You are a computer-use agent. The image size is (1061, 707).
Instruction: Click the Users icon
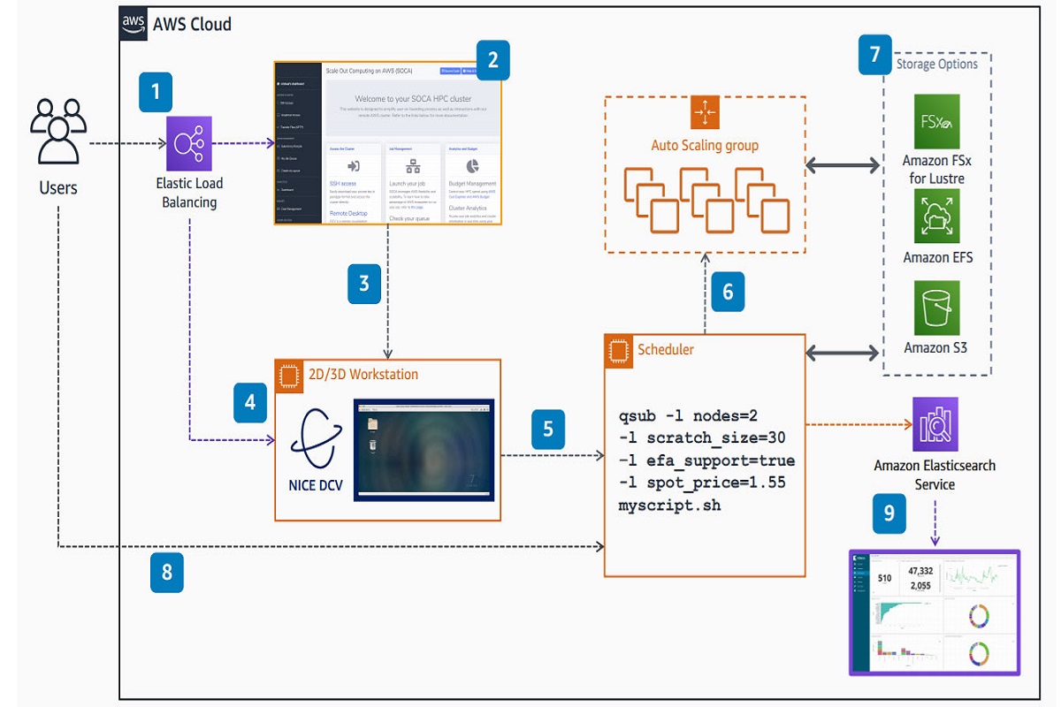(58, 133)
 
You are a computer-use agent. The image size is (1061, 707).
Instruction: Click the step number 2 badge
(492, 60)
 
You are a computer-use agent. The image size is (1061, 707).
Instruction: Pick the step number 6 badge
(728, 291)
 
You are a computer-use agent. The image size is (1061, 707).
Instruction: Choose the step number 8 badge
(166, 574)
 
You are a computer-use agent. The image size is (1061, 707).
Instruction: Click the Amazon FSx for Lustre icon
(936, 122)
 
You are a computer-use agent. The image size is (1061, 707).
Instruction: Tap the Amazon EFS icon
(936, 217)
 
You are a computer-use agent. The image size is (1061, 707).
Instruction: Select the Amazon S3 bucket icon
(936, 308)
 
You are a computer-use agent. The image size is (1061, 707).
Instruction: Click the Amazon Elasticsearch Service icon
(935, 425)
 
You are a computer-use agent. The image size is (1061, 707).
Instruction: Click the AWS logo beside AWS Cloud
(134, 25)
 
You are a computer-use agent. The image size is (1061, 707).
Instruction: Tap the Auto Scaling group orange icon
(706, 111)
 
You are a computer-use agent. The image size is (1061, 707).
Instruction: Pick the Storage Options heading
(937, 64)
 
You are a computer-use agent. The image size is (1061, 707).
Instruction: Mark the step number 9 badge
(888, 513)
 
